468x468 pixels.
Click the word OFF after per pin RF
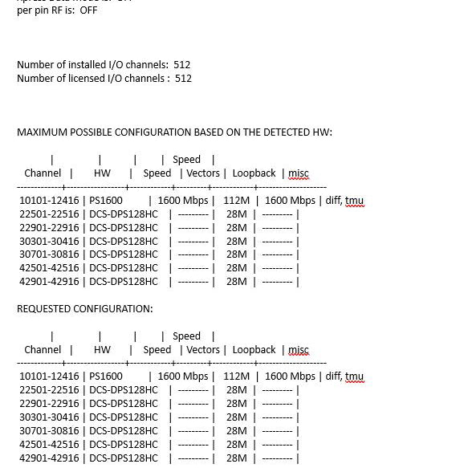(x=88, y=10)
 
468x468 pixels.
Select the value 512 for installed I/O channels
(x=181, y=65)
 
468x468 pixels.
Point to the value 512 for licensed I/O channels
(x=183, y=79)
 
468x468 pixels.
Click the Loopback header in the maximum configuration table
(x=254, y=173)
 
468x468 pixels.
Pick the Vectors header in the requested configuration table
(x=203, y=350)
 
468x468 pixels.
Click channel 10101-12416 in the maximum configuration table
(x=49, y=201)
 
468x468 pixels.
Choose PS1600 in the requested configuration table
(x=106, y=376)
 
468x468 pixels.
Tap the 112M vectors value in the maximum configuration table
(x=236, y=201)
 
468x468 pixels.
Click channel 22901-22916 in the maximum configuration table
(x=49, y=228)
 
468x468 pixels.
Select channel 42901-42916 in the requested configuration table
(x=49, y=458)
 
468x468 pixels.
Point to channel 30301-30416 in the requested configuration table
(x=49, y=417)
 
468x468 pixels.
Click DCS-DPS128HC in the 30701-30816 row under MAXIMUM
(x=123, y=254)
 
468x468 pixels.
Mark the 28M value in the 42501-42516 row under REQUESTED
(x=236, y=445)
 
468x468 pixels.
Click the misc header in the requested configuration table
(x=298, y=350)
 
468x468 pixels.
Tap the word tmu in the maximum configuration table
(x=354, y=201)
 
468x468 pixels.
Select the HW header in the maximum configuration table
(x=102, y=173)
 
